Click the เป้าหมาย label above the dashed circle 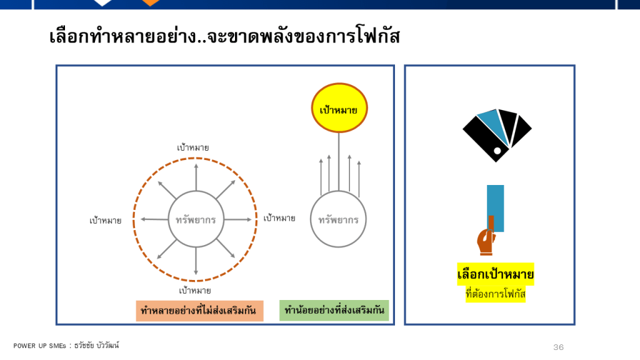192,148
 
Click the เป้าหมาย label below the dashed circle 195,291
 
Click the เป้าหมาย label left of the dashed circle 105,221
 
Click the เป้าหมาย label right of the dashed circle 279,218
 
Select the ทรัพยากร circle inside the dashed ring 196,219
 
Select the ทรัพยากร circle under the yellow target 339,220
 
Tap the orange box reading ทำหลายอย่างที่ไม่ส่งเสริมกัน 199,311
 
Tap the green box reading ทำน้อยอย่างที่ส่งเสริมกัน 334,310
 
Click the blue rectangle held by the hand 494,203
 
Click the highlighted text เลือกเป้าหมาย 494,274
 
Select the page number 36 558,347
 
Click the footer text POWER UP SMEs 41,346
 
